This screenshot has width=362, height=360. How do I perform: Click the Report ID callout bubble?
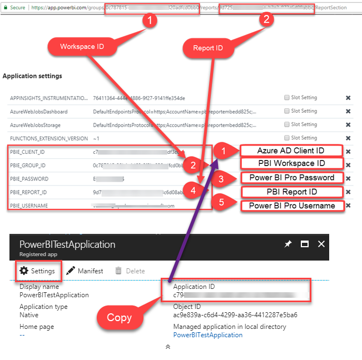pyautogui.click(x=207, y=48)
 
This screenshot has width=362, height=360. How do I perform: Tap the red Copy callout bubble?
pyautogui.click(x=119, y=317)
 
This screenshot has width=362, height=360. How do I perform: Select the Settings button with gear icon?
pyautogui.click(x=38, y=271)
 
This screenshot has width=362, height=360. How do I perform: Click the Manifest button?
pyautogui.click(x=85, y=271)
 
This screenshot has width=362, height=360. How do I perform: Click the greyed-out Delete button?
pyautogui.click(x=130, y=271)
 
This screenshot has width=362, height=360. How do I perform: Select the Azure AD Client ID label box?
pyautogui.click(x=291, y=151)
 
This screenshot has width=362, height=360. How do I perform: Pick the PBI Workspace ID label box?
pyautogui.click(x=291, y=163)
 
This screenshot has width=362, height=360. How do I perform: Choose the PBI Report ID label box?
pyautogui.click(x=291, y=192)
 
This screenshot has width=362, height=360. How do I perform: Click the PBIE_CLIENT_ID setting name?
pyautogui.click(x=27, y=151)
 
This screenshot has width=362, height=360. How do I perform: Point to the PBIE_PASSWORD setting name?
pyautogui.click(x=29, y=179)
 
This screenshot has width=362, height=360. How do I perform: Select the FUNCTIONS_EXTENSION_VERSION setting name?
pyautogui.click(x=48, y=138)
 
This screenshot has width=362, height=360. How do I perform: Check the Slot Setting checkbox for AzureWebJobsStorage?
pyautogui.click(x=287, y=124)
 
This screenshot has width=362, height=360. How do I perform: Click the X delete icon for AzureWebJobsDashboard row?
pyautogui.click(x=348, y=111)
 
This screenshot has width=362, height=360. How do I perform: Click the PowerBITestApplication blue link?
pyautogui.click(x=207, y=335)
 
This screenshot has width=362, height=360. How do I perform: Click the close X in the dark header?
pyautogui.click(x=321, y=244)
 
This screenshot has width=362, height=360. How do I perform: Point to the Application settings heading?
pyautogui.click(x=32, y=76)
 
